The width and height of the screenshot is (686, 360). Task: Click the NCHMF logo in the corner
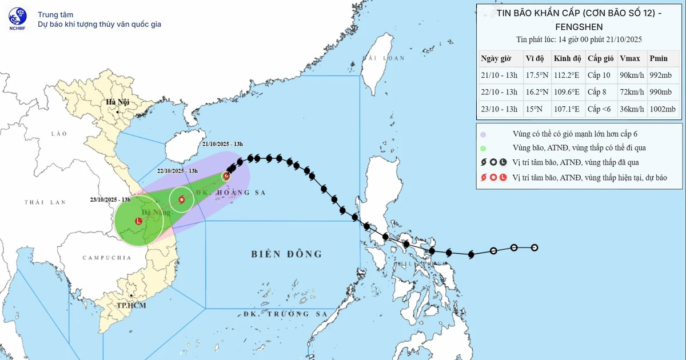coord(17,19)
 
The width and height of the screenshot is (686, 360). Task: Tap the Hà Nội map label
coord(116,102)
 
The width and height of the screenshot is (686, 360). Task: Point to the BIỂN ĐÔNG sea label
coord(286,254)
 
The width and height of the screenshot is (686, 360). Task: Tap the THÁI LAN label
coord(45,202)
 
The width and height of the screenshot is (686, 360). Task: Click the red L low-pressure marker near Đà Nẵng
coord(138,221)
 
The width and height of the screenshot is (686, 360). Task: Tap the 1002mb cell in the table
coord(663,109)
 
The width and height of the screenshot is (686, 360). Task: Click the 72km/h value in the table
coord(632,92)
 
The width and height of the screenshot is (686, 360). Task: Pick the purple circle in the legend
coord(483,134)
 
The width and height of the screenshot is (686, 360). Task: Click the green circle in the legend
coord(483,149)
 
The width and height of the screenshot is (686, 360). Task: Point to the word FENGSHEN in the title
coord(579,26)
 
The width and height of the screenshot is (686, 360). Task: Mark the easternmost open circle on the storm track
coord(535,247)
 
